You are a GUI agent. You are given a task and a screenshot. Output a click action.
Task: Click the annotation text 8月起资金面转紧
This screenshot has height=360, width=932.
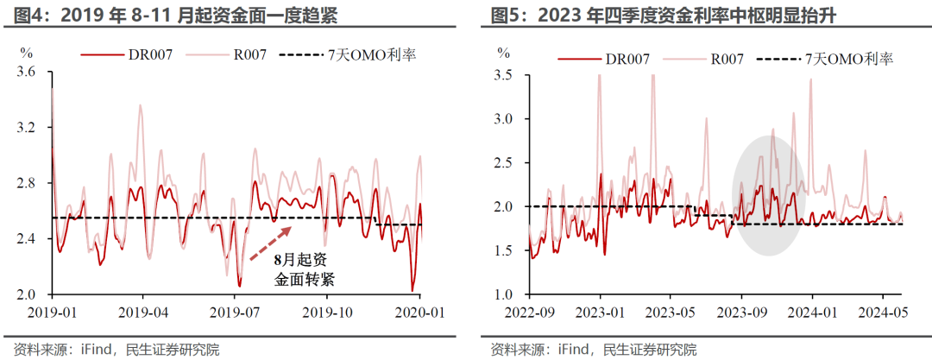[303, 268]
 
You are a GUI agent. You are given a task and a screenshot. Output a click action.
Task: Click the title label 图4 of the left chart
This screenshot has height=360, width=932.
[22, 15]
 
